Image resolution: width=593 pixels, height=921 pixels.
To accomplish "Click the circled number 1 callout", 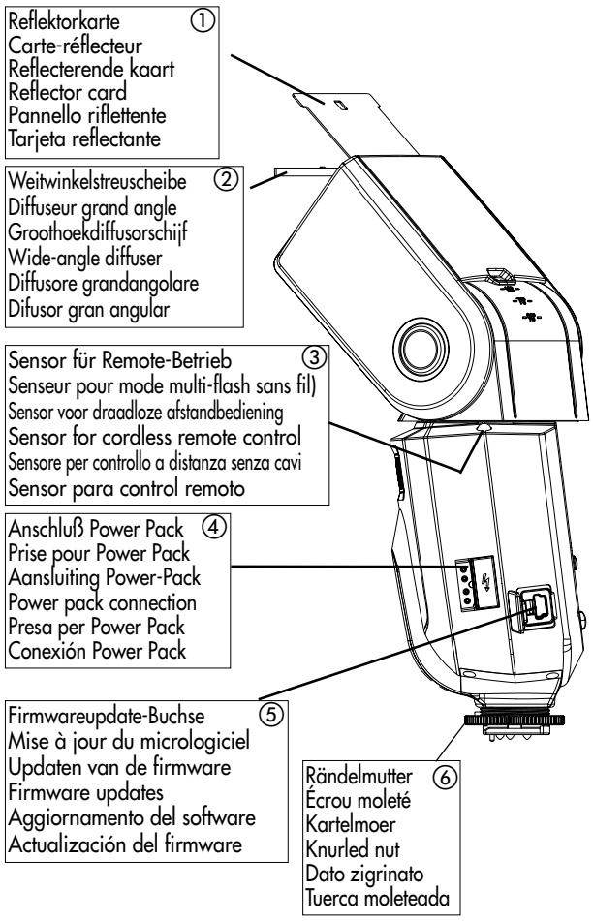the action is [x=203, y=20].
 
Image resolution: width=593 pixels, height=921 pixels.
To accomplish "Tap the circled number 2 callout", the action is [x=227, y=178].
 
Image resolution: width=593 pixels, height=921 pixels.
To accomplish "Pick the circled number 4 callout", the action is [x=214, y=526].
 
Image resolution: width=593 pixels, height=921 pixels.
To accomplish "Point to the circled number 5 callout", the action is [x=271, y=714].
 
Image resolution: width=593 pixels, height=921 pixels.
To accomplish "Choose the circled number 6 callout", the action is [x=445, y=777].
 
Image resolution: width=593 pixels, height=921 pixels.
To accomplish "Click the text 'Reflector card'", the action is [x=68, y=92].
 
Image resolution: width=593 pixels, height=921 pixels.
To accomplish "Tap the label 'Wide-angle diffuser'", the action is [x=85, y=258].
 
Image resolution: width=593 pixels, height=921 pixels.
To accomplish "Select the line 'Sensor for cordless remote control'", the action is [x=155, y=437].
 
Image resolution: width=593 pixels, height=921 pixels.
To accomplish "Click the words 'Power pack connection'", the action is [x=103, y=602].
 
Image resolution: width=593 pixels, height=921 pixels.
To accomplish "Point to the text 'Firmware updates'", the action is [x=86, y=792].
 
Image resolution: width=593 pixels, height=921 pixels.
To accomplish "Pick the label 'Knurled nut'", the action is [x=353, y=848].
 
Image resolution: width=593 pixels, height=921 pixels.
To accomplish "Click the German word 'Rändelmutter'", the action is [x=359, y=776].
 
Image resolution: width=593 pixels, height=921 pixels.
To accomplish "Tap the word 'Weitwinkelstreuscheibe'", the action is [x=97, y=181].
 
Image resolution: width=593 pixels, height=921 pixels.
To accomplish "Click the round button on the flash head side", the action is [x=420, y=349].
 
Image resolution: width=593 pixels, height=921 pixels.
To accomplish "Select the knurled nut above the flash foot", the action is [x=515, y=720].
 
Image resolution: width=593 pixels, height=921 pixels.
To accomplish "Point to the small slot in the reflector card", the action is [x=341, y=105].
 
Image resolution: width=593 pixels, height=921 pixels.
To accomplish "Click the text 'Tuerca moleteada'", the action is [x=377, y=898].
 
